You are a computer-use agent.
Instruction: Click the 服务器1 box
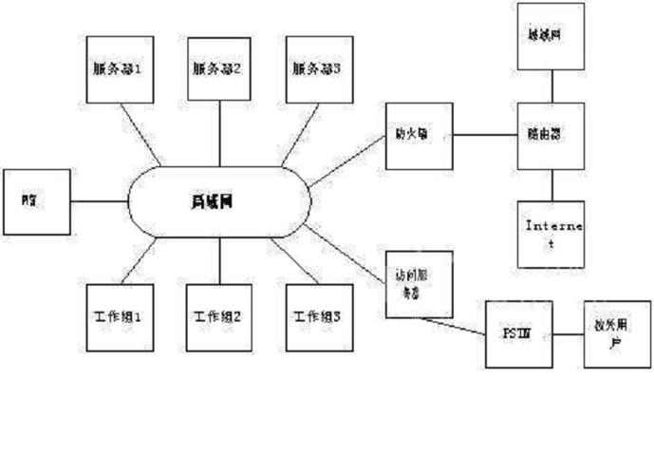coord(119,69)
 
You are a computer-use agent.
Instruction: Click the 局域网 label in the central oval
coord(219,201)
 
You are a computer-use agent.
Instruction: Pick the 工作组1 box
coord(119,316)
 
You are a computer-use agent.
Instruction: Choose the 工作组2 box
coord(219,316)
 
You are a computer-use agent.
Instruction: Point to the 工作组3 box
coord(318,316)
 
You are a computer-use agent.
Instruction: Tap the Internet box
coord(550,234)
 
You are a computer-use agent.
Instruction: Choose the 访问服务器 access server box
coord(419,283)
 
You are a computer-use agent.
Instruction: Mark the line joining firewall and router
coord(485,135)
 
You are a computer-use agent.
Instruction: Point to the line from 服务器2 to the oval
coord(219,133)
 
